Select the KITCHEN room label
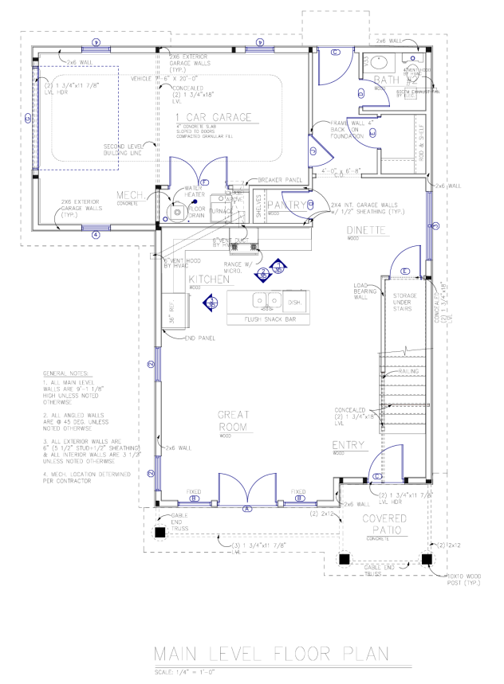[210, 280]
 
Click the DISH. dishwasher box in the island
[293, 303]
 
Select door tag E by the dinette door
[405, 272]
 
